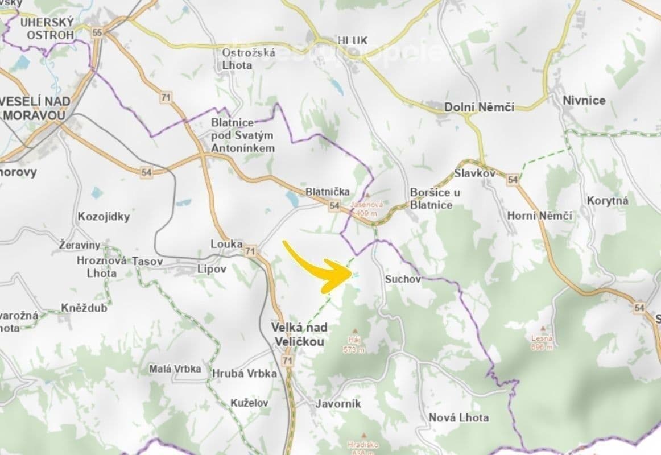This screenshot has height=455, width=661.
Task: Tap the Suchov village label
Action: click(x=403, y=279)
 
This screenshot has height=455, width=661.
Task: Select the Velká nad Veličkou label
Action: click(x=299, y=334)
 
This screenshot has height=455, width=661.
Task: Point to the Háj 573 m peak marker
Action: click(x=356, y=330)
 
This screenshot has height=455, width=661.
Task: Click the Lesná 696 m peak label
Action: click(x=542, y=342)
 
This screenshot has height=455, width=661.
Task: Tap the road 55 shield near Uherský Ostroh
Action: click(x=97, y=32)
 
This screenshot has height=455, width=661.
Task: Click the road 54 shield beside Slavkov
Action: click(x=513, y=180)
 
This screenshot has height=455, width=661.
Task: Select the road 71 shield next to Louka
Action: click(x=250, y=250)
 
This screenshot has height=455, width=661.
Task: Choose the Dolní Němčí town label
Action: click(x=479, y=107)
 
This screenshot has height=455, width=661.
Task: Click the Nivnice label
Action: click(x=584, y=101)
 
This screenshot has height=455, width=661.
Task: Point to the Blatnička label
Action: click(x=328, y=192)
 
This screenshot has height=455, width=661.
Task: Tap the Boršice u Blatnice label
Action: click(x=435, y=198)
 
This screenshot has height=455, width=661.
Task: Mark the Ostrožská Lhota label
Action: click(x=249, y=59)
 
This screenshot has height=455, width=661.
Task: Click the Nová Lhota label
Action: click(x=458, y=417)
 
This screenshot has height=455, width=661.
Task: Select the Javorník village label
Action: click(x=338, y=404)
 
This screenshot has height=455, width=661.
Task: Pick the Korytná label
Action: click(x=608, y=201)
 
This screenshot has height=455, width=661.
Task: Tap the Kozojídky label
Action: click(x=104, y=217)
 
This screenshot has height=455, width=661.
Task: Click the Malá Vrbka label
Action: click(x=175, y=369)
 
